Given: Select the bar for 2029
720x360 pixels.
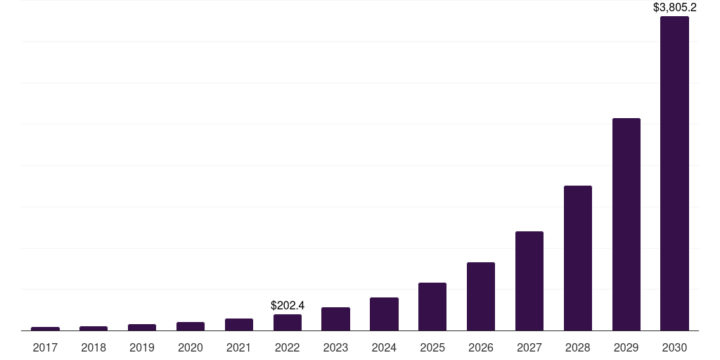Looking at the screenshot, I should pyautogui.click(x=626, y=224).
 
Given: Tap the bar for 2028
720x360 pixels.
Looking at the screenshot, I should pyautogui.click(x=577, y=258).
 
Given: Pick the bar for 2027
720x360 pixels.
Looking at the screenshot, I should pyautogui.click(x=529, y=281).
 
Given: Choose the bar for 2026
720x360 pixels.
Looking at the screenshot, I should pyautogui.click(x=480, y=296).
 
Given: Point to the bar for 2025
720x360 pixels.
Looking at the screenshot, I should pyautogui.click(x=432, y=307).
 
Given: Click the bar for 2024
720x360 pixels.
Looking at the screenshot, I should pyautogui.click(x=384, y=314).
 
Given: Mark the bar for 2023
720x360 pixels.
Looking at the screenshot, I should pyautogui.click(x=335, y=319).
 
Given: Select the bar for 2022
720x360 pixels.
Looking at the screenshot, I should pyautogui.click(x=287, y=322).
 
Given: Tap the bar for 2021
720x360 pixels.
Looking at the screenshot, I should pyautogui.click(x=238, y=324).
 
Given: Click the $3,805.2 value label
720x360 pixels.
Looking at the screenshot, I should pyautogui.click(x=674, y=8).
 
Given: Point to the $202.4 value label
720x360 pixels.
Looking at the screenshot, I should pyautogui.click(x=287, y=305).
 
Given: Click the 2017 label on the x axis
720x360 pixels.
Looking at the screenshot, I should pyautogui.click(x=45, y=347).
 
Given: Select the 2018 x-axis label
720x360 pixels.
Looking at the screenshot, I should pyautogui.click(x=94, y=347).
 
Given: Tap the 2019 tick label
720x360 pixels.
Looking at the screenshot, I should pyautogui.click(x=142, y=347).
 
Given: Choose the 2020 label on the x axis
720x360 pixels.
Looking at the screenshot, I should pyautogui.click(x=190, y=347).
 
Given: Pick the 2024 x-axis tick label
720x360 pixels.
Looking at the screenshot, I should pyautogui.click(x=384, y=347).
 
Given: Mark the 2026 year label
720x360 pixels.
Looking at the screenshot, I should pyautogui.click(x=480, y=347).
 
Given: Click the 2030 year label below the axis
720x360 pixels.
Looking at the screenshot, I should pyautogui.click(x=674, y=347).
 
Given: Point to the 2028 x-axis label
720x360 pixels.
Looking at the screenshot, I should pyautogui.click(x=577, y=347).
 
